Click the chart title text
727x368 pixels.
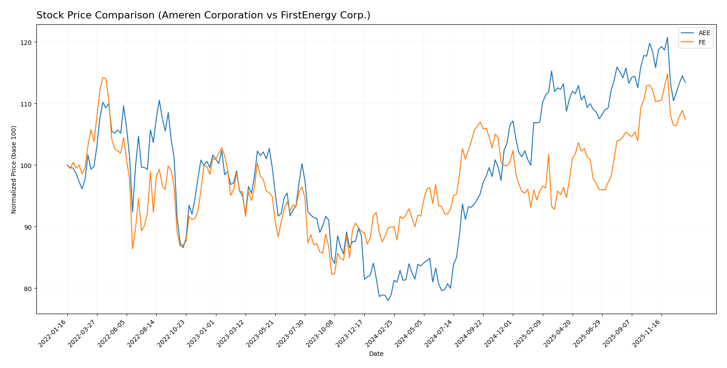[203, 15]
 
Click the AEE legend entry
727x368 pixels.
[704, 33]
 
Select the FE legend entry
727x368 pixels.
[702, 43]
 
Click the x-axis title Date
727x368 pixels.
[376, 354]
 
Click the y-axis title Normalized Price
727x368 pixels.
[14, 169]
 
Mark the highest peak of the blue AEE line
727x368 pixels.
[667, 37]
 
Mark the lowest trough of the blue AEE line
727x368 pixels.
[388, 300]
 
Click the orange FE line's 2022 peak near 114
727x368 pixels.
[103, 77]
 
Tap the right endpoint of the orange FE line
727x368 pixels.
[685, 120]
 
